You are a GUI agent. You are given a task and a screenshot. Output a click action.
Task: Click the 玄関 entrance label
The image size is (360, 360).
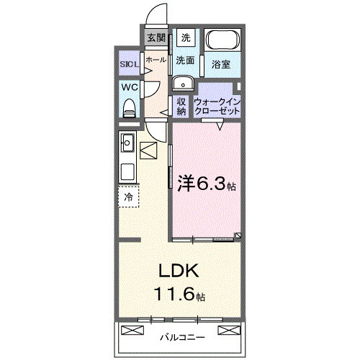(x=156, y=37)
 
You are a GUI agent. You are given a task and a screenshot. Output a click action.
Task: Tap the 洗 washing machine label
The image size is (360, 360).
(x=186, y=37)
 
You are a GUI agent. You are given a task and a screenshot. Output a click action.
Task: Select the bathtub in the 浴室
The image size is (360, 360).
(x=222, y=40)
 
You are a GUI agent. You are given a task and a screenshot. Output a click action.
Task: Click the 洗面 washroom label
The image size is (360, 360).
(x=186, y=60)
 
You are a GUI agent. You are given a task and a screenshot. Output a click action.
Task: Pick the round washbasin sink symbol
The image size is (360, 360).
(x=181, y=81)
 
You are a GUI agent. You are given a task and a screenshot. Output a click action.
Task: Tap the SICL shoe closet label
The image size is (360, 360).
(x=130, y=65)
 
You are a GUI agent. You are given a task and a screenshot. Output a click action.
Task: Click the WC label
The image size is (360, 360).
(x=130, y=87)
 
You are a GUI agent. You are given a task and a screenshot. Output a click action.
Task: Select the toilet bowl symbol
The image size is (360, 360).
(x=130, y=108)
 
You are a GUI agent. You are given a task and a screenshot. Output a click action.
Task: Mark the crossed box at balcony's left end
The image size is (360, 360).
(x=132, y=330)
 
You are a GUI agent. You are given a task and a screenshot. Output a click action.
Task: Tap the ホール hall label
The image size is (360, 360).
(x=156, y=60)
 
